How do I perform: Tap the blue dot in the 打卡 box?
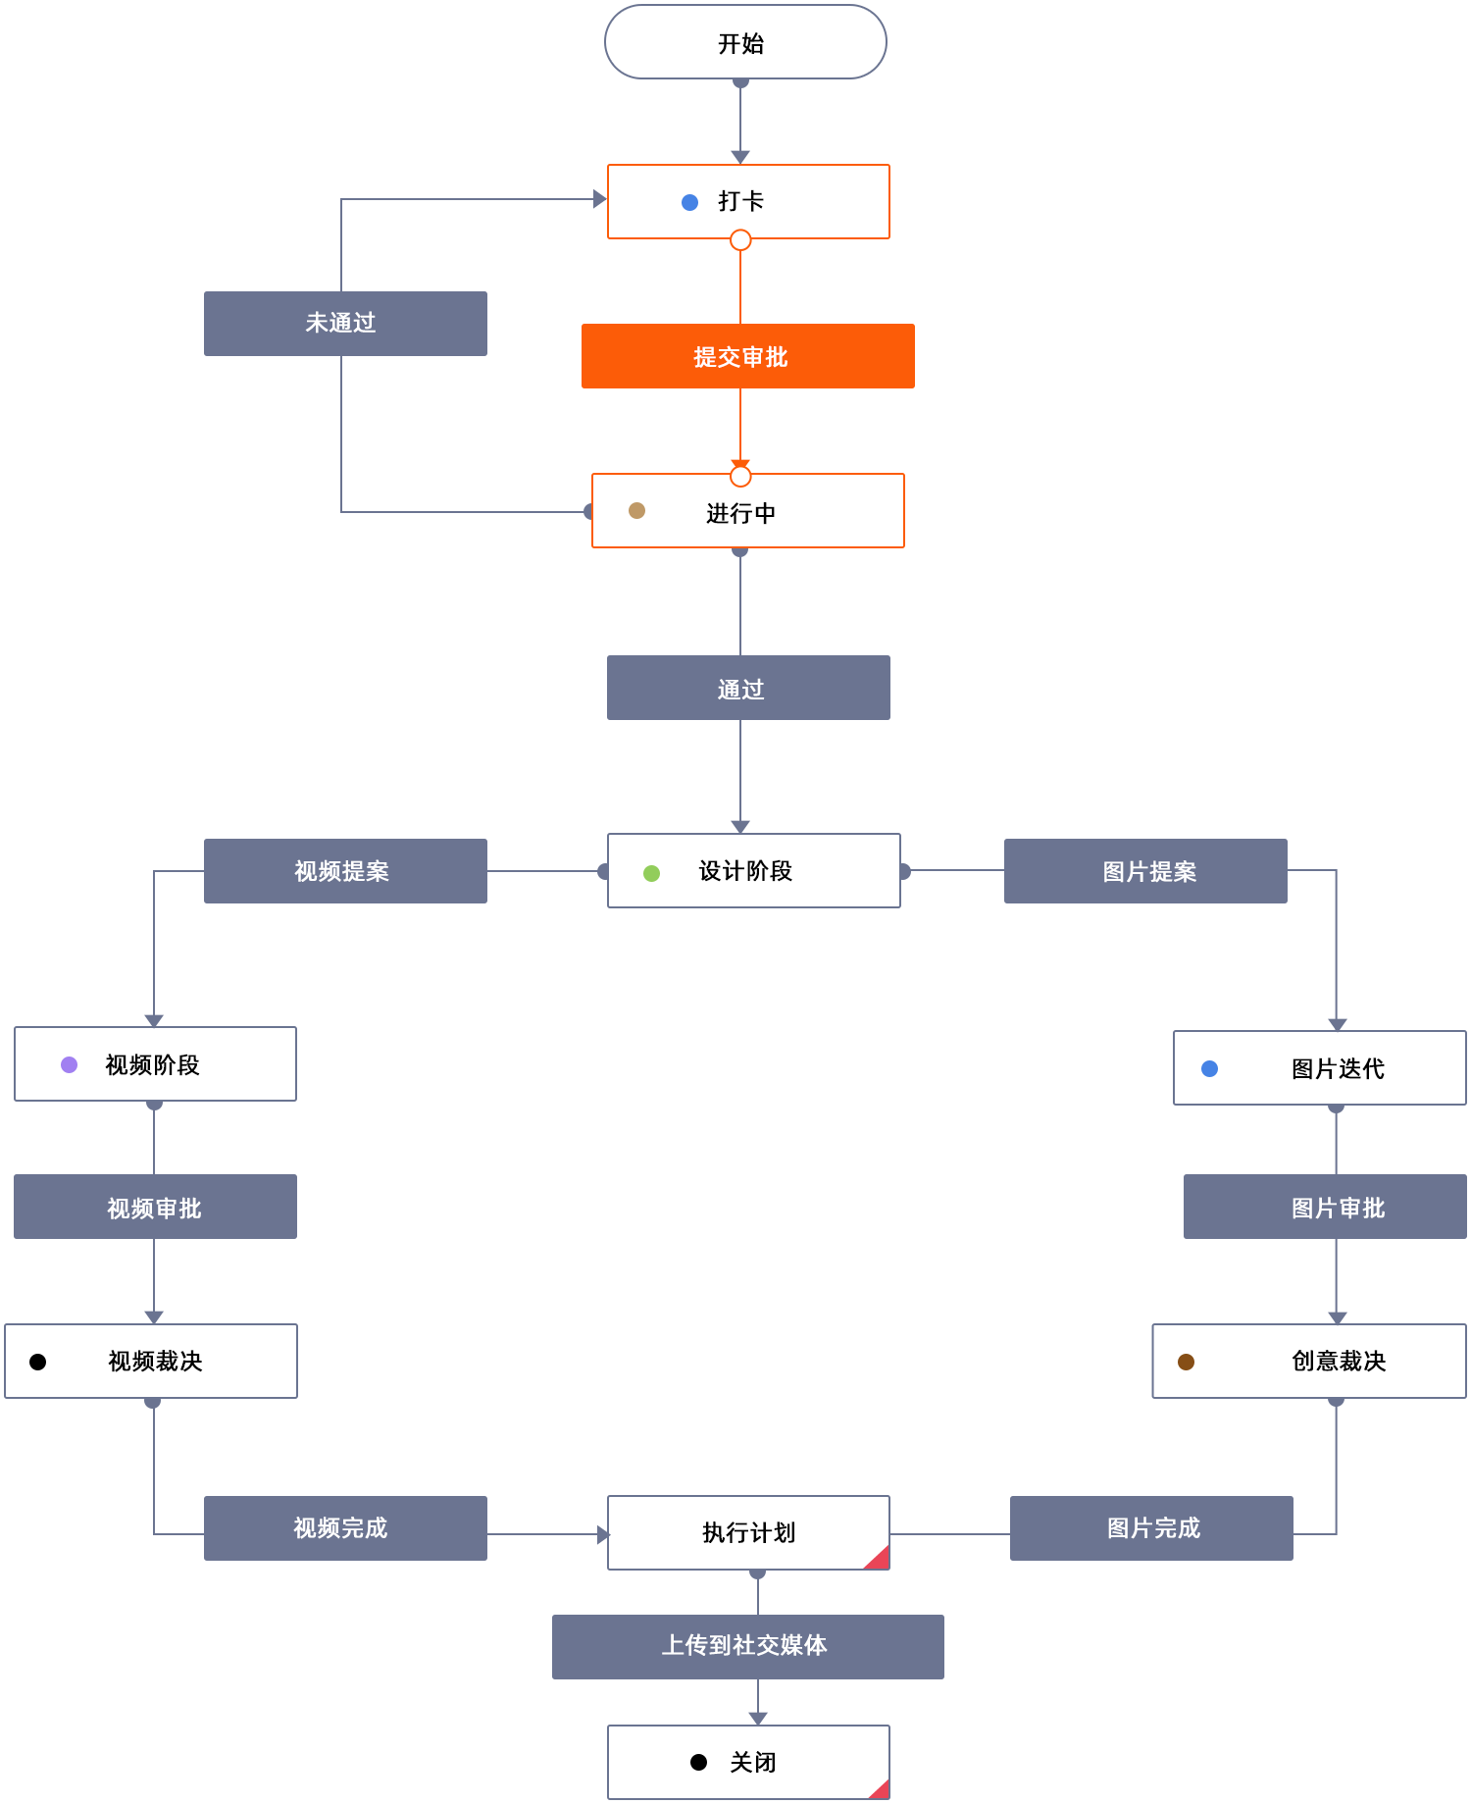pos(689,202)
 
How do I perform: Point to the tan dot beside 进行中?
pos(636,510)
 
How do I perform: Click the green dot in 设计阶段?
pos(651,873)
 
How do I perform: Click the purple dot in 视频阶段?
pos(70,1064)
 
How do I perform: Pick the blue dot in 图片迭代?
pos(1209,1068)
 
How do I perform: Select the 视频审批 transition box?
pos(155,1207)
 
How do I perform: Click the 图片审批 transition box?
pos(1325,1207)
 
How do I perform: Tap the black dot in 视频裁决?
pos(38,1362)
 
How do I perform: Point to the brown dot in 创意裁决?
pos(1186,1362)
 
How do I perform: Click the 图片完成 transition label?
pos(1151,1528)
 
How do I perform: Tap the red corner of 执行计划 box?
pos(880,1559)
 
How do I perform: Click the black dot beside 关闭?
pos(698,1762)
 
